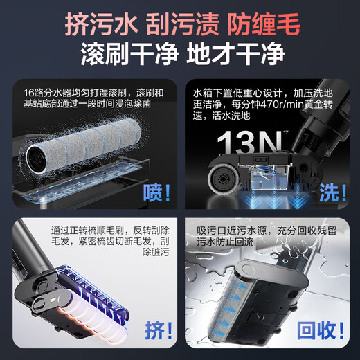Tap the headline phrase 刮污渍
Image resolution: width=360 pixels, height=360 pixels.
[179, 26]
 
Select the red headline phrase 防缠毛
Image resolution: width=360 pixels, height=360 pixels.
[263, 26]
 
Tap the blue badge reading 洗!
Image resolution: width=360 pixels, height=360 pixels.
[333, 192]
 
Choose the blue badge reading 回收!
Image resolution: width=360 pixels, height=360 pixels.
[320, 326]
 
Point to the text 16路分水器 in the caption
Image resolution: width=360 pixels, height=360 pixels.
[47, 92]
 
